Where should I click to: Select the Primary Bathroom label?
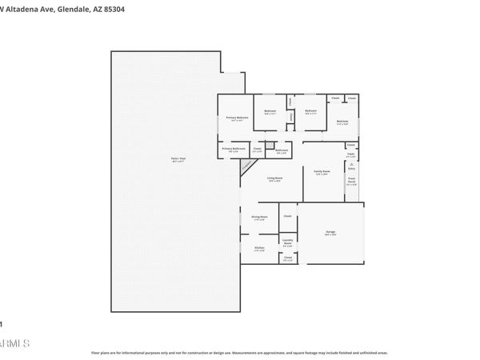tap(234, 149)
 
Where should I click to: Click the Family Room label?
tap(322, 173)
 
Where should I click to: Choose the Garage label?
tap(330, 233)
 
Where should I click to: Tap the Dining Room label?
tap(259, 218)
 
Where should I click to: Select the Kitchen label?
tap(259, 249)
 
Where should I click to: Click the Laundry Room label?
tap(287, 242)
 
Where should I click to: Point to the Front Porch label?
tap(351, 182)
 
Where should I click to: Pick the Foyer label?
tap(350, 155)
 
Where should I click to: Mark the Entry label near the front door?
tap(351, 168)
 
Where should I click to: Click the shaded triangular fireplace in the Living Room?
tap(248, 166)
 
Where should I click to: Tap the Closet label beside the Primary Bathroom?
tap(257, 149)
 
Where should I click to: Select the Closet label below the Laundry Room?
tap(287, 258)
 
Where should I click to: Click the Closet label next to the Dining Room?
tap(287, 216)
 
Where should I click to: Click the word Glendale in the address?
tap(80, 10)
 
